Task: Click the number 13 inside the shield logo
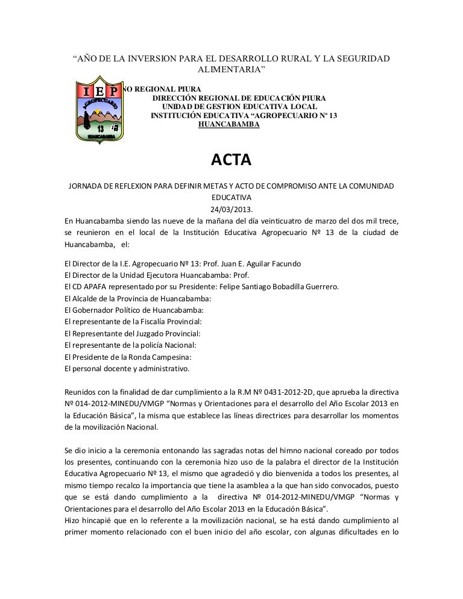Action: (101, 129)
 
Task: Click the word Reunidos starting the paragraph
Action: (81, 392)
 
